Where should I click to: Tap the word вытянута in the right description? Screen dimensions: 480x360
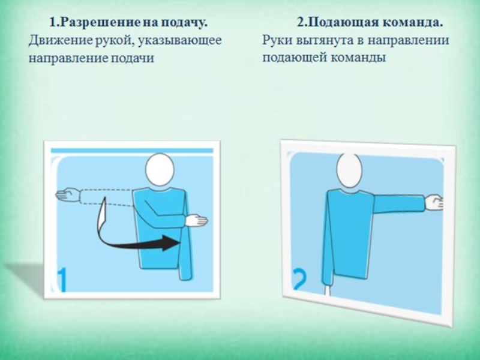[x=324, y=41]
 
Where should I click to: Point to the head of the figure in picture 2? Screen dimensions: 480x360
[x=349, y=169]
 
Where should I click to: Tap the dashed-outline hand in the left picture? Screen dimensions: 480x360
[x=68, y=195]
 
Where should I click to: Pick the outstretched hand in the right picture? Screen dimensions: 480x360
[x=434, y=203]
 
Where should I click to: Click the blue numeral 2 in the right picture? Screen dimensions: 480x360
[x=299, y=279]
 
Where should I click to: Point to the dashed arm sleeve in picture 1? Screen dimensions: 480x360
[x=107, y=197]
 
